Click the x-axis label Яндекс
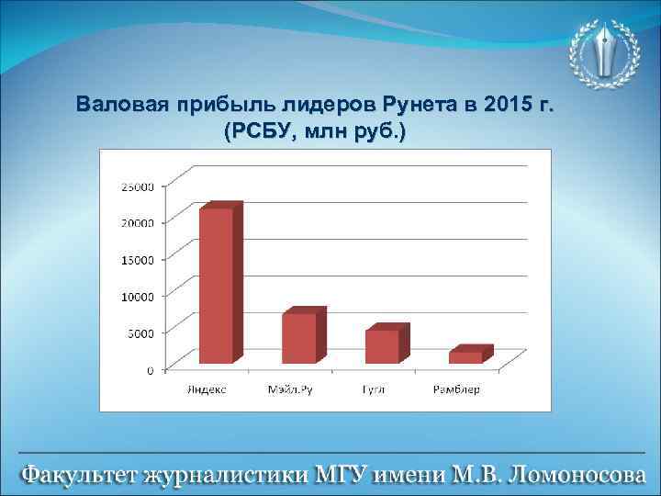coord(207,389)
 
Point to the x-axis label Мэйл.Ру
coord(290,389)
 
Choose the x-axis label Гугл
coord(374,389)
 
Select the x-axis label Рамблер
coord(457,389)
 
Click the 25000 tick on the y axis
coord(138,187)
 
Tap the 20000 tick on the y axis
coord(138,222)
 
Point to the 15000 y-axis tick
coord(138,259)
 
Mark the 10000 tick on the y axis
coord(138,296)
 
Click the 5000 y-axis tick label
coord(140,333)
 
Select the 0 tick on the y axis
coord(151,370)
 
